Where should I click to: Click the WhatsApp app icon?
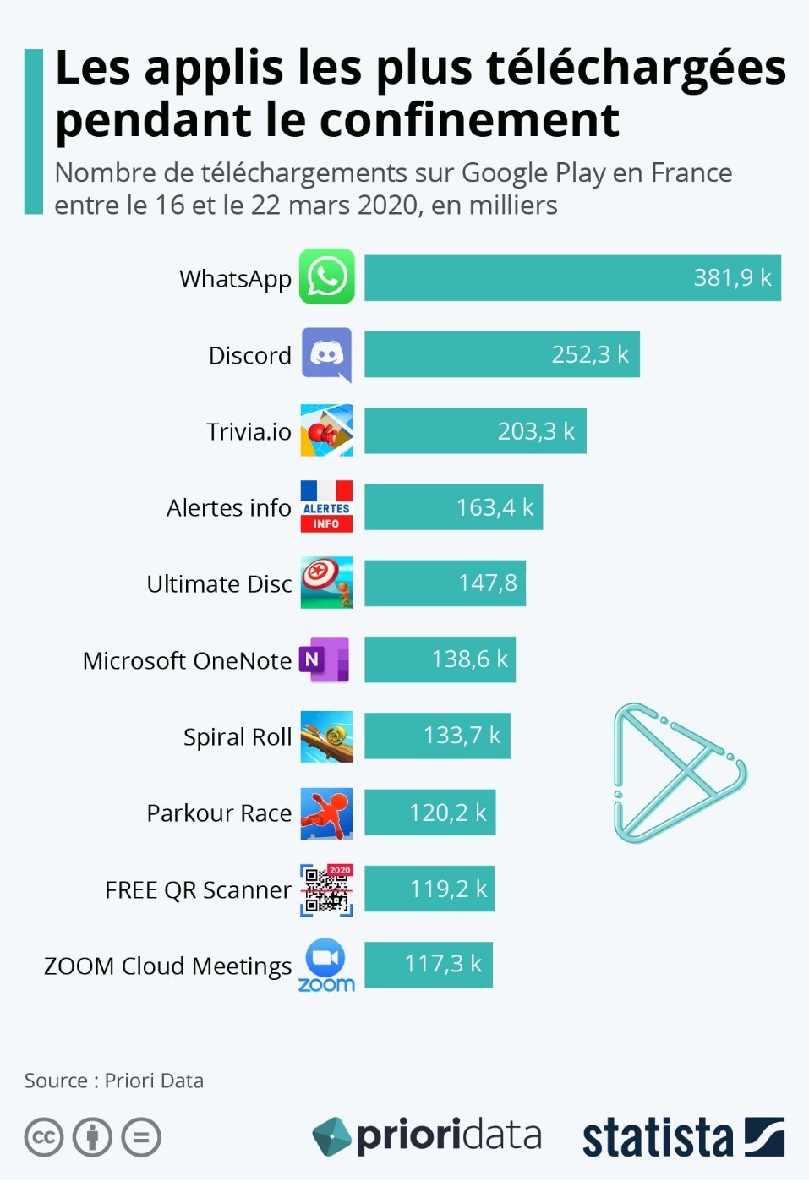pos(326,276)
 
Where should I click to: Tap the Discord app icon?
pos(326,354)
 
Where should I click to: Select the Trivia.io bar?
pos(474,430)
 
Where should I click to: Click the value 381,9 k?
pos(732,278)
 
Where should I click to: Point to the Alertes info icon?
pos(326,506)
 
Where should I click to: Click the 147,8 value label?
pos(488,583)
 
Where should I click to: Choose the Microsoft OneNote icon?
pos(325,659)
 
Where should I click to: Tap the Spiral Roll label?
pos(238,737)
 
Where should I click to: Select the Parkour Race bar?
pos(429,813)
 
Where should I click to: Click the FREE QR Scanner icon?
pos(326,889)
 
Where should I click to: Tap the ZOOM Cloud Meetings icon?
pos(326,966)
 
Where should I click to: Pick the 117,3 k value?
pos(443,964)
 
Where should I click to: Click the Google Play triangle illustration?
pos(677,773)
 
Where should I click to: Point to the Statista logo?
pos(682,1137)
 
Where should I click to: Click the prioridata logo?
pos(427,1136)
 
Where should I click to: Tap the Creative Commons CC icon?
pos(44,1137)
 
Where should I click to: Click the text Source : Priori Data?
pos(114,1081)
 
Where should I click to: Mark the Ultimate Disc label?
pos(219,584)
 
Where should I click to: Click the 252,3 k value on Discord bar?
pos(590,354)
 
